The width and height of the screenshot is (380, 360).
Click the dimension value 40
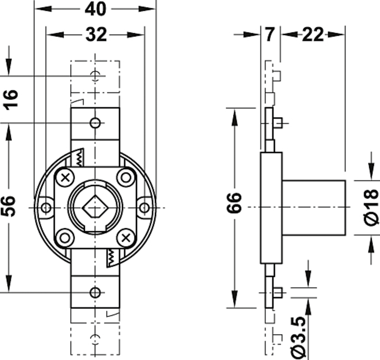pos(95,9)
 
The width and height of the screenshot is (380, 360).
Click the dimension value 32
pos(96,34)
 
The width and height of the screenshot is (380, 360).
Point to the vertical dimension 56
pos(9,206)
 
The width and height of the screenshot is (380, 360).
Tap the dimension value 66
pos(234,203)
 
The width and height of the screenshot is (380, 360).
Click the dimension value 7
pos(270,34)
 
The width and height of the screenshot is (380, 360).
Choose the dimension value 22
pos(313,34)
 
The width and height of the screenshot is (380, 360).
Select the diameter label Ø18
pos(371,207)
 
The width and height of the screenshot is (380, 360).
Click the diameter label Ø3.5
pos(298,338)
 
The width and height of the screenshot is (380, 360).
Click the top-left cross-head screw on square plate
pos(65,178)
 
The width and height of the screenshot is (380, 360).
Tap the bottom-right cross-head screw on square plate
pos(126,238)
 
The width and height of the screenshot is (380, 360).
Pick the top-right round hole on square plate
pos(126,178)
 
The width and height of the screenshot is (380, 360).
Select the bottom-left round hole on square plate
pos(65,238)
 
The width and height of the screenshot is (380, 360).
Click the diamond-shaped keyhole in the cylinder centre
pos(95,208)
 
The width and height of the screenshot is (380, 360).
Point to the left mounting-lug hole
pos(46,208)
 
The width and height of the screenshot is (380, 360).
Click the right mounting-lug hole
pos(145,208)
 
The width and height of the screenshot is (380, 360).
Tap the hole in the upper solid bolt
pos(95,123)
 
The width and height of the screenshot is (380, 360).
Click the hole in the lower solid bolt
pos(95,293)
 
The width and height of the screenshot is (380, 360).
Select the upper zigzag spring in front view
pos(79,158)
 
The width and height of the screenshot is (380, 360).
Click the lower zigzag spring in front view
pos(111,257)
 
